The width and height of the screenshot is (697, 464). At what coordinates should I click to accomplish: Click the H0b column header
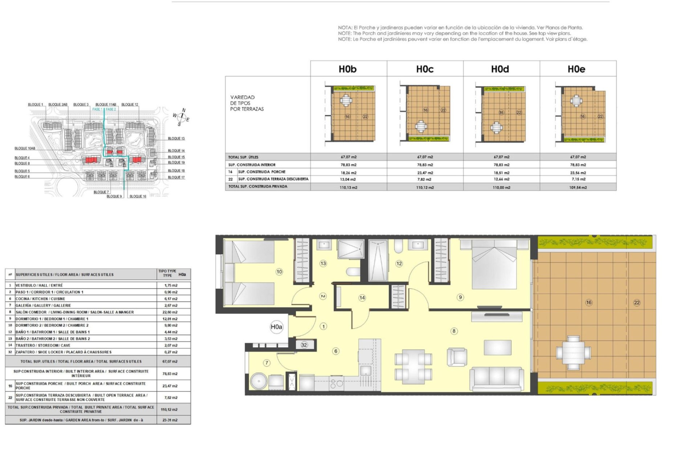point(347,69)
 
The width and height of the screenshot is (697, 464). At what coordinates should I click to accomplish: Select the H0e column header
point(576,69)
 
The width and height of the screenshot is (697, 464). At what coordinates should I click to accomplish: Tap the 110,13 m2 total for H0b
point(348,187)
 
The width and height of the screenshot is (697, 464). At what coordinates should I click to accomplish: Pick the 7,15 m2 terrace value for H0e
point(578,179)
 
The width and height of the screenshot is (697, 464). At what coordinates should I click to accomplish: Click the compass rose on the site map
point(181,117)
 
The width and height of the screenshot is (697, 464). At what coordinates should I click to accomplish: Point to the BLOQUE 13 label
point(176,138)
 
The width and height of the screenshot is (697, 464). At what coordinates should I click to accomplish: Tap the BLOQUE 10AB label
point(25,148)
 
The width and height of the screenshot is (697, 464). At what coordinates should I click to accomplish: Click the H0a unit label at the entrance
point(276,327)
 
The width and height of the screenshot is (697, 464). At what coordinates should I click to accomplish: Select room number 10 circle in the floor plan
point(279,272)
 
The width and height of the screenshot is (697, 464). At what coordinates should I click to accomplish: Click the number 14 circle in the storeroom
point(362,298)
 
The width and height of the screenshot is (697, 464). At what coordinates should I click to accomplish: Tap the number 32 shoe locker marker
point(304,345)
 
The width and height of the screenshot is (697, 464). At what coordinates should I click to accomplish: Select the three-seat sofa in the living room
point(497,378)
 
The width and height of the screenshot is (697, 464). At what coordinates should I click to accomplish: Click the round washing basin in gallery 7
point(258,381)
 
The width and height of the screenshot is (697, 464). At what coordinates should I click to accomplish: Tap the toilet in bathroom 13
point(352,272)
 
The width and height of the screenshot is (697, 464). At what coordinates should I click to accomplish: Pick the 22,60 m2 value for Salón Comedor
point(170,312)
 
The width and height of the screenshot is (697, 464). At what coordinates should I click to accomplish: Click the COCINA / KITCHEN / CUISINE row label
point(40,299)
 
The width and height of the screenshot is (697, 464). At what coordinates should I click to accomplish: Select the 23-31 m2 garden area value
point(170,420)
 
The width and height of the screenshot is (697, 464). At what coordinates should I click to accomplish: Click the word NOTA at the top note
point(345,28)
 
